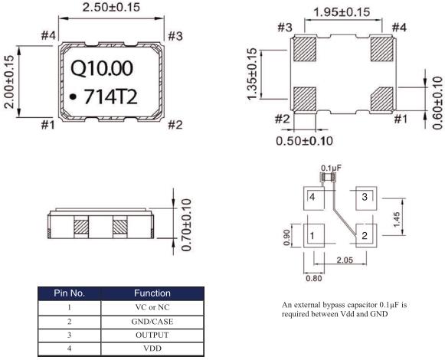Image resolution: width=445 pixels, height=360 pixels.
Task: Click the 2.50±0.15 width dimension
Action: tap(111, 7)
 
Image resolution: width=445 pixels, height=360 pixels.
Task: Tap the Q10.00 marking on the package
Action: tap(102, 68)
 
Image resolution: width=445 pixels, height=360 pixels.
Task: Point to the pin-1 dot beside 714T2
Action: tap(74, 97)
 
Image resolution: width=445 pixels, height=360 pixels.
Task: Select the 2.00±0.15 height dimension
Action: tap(9, 82)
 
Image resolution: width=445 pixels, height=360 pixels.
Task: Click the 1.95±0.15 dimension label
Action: tap(342, 12)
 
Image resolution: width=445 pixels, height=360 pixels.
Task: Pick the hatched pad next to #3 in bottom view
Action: tap(305, 49)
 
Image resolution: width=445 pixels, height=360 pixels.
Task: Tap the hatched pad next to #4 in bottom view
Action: tap(382, 49)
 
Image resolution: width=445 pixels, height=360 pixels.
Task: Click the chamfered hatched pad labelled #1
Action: tap(382, 99)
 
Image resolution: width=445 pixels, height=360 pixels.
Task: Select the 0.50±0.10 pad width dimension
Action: tap(305, 141)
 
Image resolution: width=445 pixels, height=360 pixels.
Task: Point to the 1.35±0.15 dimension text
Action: tap(252, 74)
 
